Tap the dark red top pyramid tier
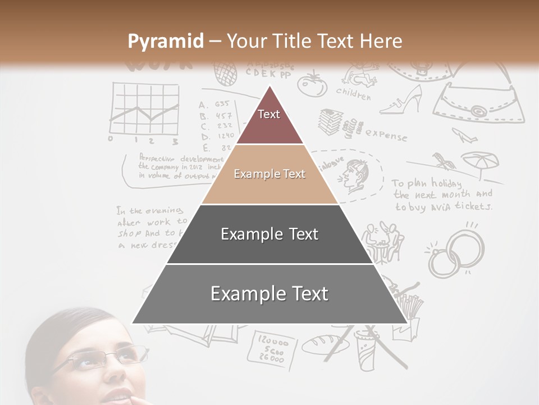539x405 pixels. click(269, 121)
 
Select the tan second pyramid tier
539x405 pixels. click(269, 174)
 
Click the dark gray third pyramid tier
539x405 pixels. click(269, 234)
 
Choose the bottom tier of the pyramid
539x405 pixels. click(269, 294)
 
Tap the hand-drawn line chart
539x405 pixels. click(144, 109)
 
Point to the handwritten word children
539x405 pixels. click(353, 93)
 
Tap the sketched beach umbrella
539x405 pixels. click(479, 163)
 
